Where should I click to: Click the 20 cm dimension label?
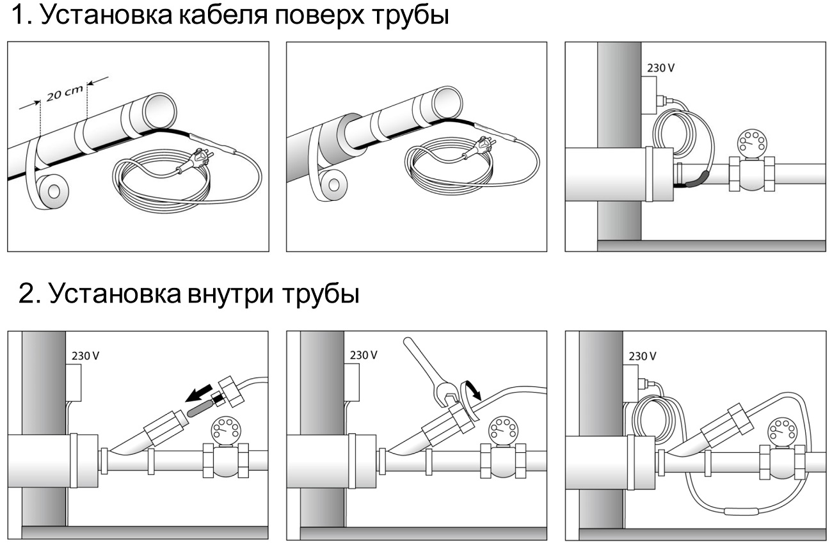(x=65, y=93)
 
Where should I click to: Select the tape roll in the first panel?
(x=52, y=191)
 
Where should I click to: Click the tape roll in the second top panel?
(x=330, y=186)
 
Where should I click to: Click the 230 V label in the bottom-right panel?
(x=641, y=356)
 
